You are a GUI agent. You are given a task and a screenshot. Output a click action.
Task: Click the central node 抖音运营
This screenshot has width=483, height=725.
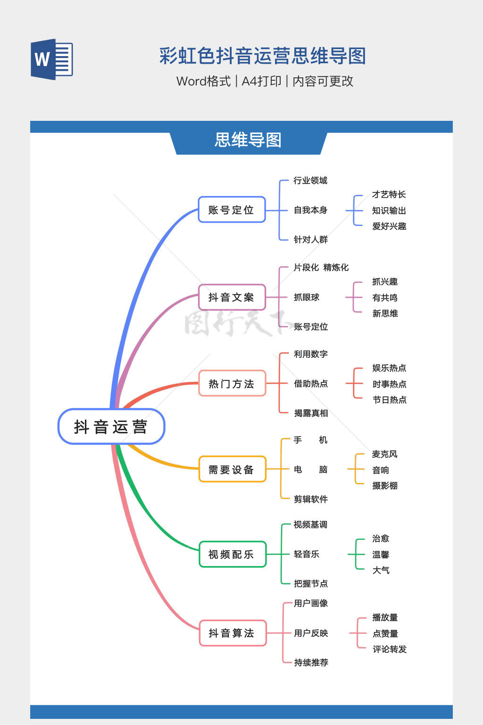click(111, 426)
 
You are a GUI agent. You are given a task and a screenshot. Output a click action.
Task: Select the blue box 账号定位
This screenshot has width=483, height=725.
click(232, 210)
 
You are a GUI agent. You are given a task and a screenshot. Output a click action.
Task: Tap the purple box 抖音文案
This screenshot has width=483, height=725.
click(232, 297)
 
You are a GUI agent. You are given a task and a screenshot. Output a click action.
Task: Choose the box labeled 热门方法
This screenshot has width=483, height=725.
click(232, 383)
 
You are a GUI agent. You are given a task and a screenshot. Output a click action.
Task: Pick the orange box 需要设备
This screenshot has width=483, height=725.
click(232, 469)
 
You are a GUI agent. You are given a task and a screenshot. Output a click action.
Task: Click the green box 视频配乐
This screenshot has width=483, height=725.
click(232, 554)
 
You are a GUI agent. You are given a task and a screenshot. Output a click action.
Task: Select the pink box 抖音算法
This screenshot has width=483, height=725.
click(232, 633)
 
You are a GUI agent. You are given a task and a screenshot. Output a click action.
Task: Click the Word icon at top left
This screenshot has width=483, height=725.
click(52, 59)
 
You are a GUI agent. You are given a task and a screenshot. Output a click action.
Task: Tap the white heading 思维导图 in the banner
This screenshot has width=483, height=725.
click(248, 140)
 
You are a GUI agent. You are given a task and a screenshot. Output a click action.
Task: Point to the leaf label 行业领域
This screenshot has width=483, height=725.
click(310, 180)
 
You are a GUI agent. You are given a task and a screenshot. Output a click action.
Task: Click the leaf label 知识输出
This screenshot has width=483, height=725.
click(389, 211)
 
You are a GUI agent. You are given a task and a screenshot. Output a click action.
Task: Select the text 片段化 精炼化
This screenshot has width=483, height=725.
click(321, 267)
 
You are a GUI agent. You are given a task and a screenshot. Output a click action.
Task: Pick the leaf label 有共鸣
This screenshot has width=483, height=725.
click(384, 297)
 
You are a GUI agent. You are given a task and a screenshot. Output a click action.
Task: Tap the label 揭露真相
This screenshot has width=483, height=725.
click(311, 413)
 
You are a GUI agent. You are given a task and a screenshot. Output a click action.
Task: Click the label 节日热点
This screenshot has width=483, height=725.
click(390, 400)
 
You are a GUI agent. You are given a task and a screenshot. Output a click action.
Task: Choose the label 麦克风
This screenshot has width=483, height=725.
click(384, 454)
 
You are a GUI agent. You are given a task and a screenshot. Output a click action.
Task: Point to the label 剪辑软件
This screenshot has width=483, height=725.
click(311, 499)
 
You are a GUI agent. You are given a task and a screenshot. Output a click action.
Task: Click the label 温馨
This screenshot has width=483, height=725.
click(381, 555)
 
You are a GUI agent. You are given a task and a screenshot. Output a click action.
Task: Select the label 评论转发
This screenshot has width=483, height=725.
click(390, 649)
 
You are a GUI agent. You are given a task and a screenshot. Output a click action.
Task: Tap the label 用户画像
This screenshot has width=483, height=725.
click(311, 603)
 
